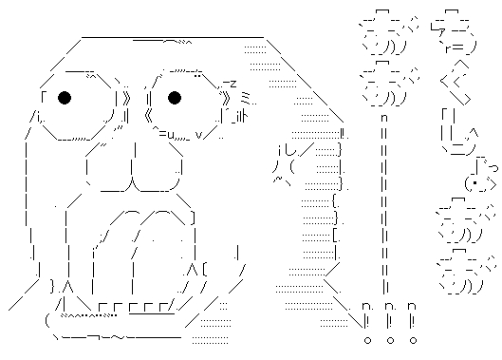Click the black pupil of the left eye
[x=64, y=97]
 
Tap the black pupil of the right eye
[x=175, y=97]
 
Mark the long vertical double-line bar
[x=384, y=209]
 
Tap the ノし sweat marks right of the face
[x=284, y=157]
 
